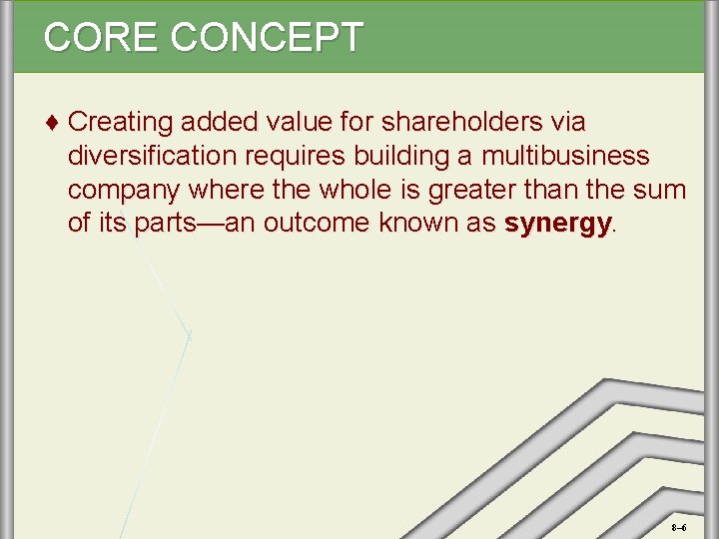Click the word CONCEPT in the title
click(267, 37)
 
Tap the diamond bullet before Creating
click(52, 123)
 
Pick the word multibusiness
click(565, 157)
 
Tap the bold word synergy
click(557, 224)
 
